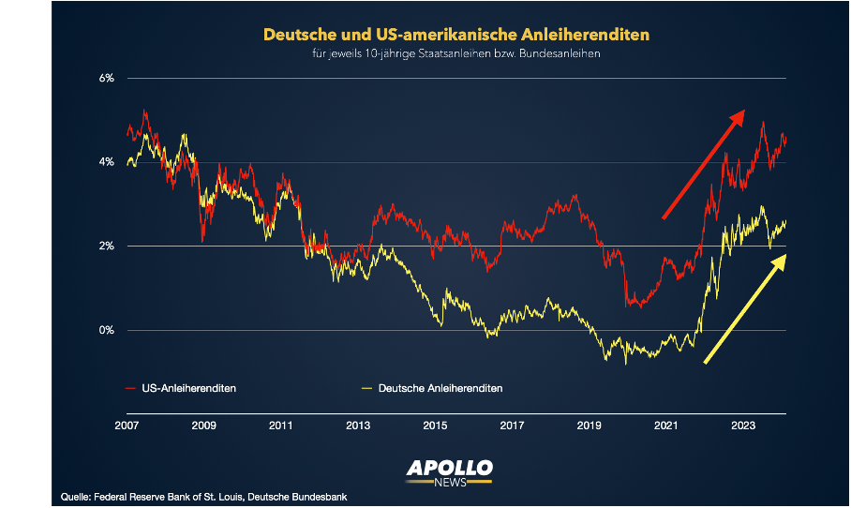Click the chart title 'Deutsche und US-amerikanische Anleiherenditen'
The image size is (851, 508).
[455, 35]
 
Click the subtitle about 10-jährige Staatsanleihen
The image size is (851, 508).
[456, 54]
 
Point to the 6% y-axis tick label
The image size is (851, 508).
[107, 79]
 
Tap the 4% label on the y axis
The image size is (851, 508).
[107, 162]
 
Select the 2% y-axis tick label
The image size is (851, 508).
[107, 247]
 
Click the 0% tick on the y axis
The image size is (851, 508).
[107, 330]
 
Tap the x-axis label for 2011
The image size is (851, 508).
[280, 426]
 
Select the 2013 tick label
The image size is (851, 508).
[357, 426]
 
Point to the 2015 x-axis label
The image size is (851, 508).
[434, 426]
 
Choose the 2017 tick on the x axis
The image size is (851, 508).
[512, 426]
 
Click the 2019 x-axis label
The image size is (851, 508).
[589, 426]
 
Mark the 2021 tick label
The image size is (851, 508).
[665, 426]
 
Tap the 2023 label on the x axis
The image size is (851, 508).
[742, 426]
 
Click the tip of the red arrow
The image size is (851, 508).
[743, 111]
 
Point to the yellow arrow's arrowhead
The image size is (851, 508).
[784, 256]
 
